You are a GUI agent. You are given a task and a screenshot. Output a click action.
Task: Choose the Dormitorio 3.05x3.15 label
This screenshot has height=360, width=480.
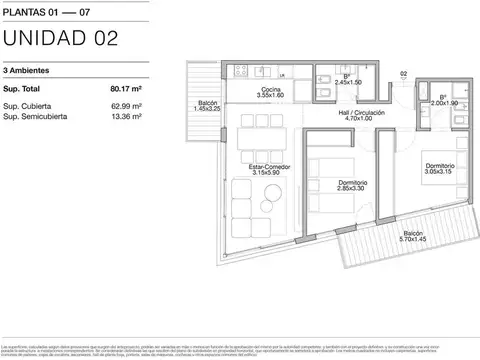[438, 168]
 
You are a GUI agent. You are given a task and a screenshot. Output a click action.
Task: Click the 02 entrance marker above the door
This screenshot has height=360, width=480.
[403, 73]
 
